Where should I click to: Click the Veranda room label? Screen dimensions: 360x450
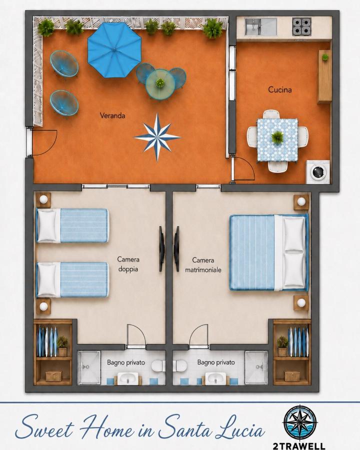tap(112, 115)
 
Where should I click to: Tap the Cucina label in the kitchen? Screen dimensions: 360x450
tap(280, 89)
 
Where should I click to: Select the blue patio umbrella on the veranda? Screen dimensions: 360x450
tap(114, 49)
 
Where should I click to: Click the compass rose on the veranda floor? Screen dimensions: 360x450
tap(157, 137)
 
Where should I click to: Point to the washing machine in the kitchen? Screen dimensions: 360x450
tap(318, 171)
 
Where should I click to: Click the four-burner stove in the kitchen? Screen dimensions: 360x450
tap(301, 26)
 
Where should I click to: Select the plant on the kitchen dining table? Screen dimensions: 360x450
tap(277, 137)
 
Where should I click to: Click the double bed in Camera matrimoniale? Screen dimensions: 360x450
tap(268, 252)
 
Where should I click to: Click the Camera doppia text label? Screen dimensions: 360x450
tap(128, 264)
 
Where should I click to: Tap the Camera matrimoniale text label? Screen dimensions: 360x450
tap(203, 265)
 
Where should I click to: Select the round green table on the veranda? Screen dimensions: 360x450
tap(160, 84)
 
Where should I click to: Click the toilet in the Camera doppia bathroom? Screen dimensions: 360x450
tap(158, 366)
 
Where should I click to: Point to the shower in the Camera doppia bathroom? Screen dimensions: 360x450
tap(89, 367)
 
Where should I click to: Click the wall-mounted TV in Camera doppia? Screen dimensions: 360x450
tap(162, 248)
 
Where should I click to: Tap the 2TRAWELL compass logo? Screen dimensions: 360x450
tap(300, 422)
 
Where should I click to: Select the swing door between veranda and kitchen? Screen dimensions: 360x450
tap(243, 169)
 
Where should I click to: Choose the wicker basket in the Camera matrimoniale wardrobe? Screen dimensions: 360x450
tap(292, 376)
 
